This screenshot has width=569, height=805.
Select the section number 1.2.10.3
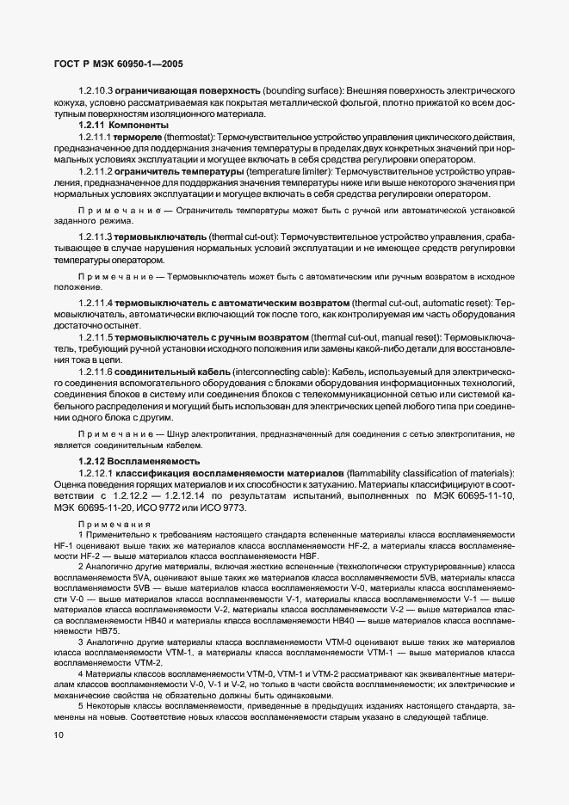97,90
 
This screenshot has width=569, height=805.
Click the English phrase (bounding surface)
303,90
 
